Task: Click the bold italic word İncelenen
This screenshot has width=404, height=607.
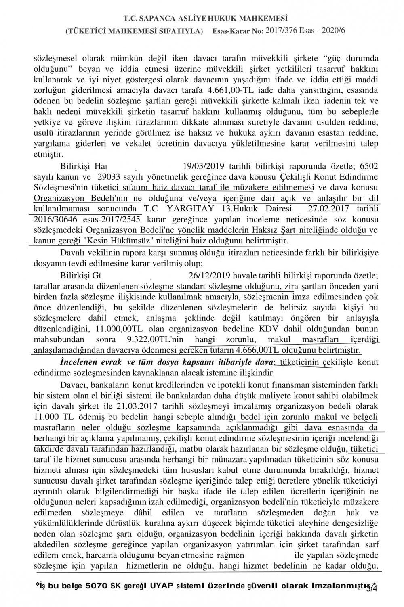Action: coord(80,361)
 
